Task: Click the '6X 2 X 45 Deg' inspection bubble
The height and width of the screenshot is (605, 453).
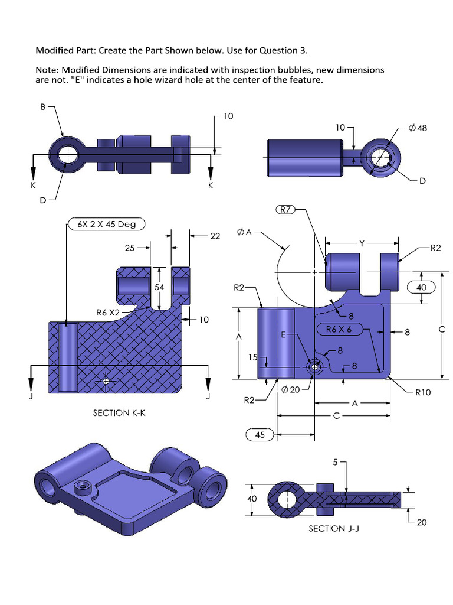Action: tap(103, 225)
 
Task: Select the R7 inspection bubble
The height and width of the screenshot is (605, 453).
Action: tap(285, 210)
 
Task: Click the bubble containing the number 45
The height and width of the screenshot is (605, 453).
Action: tap(259, 435)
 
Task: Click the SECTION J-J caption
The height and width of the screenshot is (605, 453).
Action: tap(334, 528)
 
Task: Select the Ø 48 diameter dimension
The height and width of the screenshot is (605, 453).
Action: tap(418, 128)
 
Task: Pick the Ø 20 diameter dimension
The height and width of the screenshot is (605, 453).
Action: tap(291, 389)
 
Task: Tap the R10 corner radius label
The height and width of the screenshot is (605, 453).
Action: tap(423, 391)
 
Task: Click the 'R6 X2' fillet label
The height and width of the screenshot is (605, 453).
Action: tap(108, 312)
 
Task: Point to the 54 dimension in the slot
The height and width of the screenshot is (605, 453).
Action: tap(159, 287)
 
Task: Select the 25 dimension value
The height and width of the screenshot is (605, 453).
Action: tap(130, 248)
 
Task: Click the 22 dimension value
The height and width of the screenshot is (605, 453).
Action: tap(215, 236)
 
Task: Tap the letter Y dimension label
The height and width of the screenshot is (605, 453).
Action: tap(361, 242)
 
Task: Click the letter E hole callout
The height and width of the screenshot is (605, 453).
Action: tap(283, 335)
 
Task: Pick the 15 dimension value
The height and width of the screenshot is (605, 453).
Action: tap(252, 357)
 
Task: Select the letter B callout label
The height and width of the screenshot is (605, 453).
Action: tap(42, 108)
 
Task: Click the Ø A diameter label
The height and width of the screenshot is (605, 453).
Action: tap(244, 233)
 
